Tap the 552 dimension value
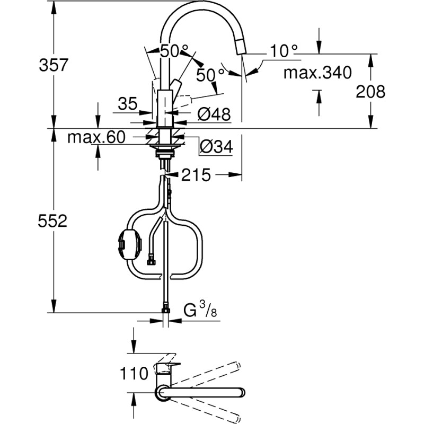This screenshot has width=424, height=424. (53, 222)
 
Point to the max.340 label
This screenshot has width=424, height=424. (317, 72)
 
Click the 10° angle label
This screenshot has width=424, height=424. (283, 52)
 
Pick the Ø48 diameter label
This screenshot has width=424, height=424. (214, 113)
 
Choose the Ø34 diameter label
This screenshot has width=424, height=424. (215, 147)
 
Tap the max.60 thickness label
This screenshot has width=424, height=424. (96, 138)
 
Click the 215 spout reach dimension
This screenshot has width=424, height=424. (196, 175)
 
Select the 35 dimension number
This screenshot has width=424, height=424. (128, 104)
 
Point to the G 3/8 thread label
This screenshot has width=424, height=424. (200, 310)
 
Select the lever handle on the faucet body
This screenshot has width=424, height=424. (175, 86)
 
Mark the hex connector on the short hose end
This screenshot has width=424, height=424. (151, 260)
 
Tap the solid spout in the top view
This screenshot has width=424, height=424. (201, 393)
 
